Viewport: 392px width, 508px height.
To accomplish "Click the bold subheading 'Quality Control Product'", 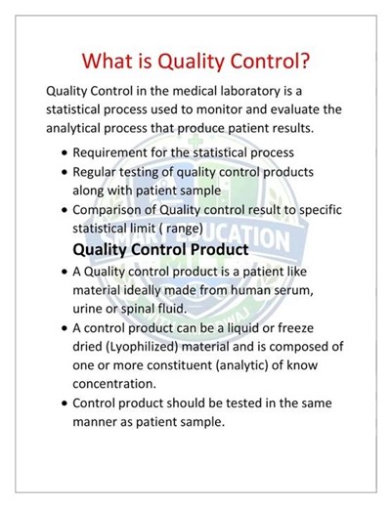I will tap(161, 249).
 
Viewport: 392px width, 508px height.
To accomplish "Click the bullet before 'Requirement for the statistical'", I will tap(64, 154).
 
